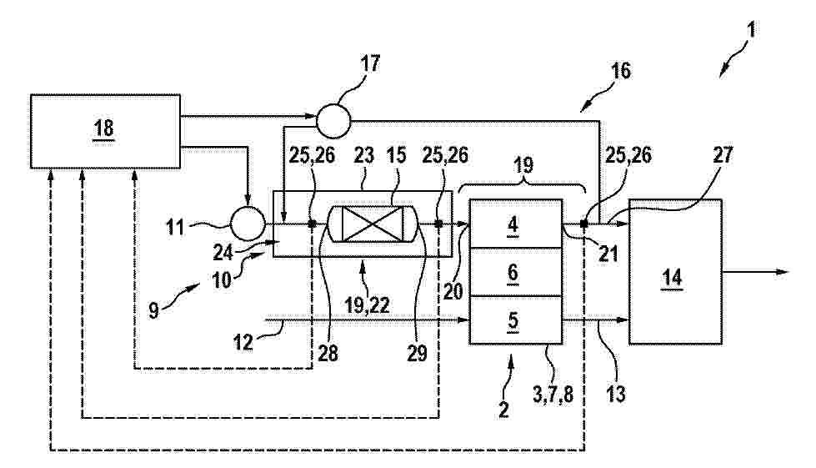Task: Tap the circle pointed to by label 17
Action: (333, 121)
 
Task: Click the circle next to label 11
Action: (248, 224)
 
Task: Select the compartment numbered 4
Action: (516, 224)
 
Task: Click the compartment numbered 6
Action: (516, 272)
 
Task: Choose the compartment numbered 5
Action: (516, 320)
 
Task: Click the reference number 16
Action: (620, 70)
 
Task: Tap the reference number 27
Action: (723, 154)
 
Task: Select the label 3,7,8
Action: (553, 394)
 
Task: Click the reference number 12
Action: (243, 342)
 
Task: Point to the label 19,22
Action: (368, 305)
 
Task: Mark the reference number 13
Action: (616, 394)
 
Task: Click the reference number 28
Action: (328, 353)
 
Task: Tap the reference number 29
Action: (417, 353)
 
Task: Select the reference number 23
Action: (363, 155)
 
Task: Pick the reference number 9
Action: (153, 311)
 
